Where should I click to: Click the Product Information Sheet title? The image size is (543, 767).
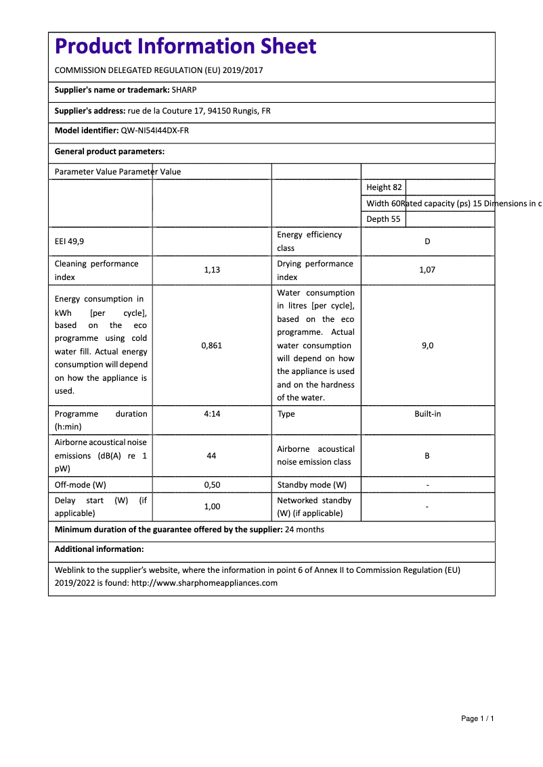tap(185, 46)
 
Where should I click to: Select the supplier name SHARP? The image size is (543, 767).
tap(184, 90)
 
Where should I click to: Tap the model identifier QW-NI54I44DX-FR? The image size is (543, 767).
tap(154, 131)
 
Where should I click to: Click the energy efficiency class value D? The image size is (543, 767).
tap(427, 241)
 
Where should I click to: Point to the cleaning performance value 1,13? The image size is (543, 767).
tap(211, 270)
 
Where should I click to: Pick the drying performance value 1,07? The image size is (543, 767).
tap(427, 270)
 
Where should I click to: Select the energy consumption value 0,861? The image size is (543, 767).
tap(211, 345)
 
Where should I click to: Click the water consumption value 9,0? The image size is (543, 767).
tap(427, 345)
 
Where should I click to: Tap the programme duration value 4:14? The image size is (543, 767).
tap(211, 414)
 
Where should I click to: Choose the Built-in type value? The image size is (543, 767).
tap(427, 414)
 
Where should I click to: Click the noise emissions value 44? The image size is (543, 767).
tap(211, 456)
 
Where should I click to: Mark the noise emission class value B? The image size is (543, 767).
tap(427, 456)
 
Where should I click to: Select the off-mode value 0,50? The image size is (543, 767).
tap(211, 485)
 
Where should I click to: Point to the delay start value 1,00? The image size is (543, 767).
tap(211, 506)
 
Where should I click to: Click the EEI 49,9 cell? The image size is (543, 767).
tap(70, 241)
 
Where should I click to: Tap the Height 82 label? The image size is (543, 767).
tap(384, 187)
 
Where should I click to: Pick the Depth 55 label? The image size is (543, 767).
tap(383, 219)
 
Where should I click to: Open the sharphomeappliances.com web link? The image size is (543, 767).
tap(204, 583)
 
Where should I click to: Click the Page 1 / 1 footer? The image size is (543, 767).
tap(477, 718)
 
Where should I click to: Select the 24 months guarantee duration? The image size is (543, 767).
tap(305, 530)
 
